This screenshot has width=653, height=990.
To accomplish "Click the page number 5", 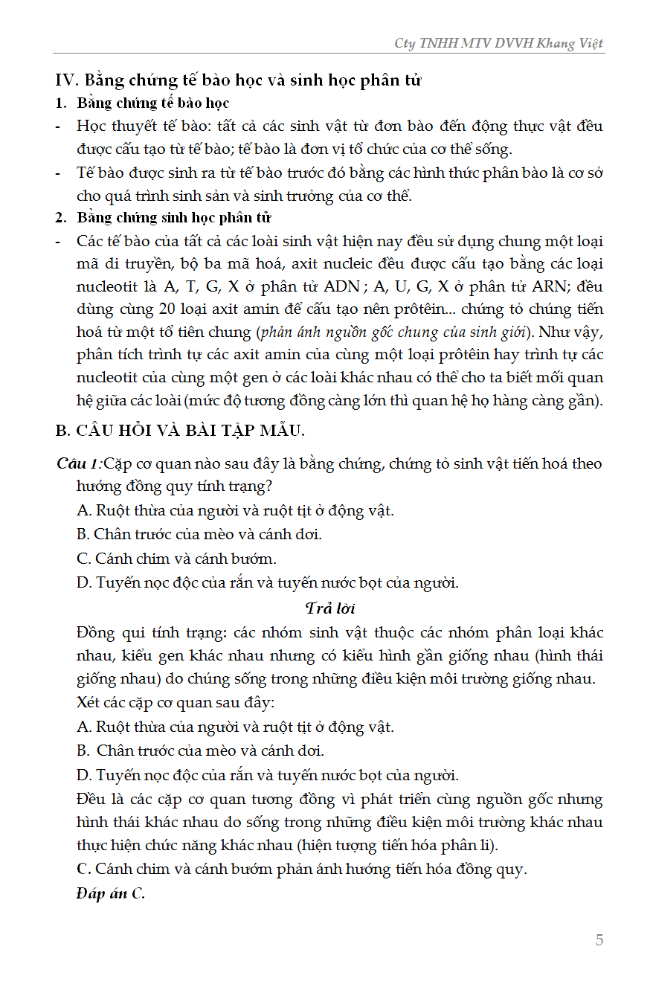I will (x=599, y=940).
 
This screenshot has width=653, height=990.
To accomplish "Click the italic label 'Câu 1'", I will (x=77, y=464).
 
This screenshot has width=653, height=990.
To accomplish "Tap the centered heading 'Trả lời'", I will (x=330, y=608).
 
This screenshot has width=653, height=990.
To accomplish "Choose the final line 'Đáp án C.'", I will (x=110, y=893).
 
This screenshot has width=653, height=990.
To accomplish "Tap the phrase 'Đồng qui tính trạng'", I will (x=151, y=633).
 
